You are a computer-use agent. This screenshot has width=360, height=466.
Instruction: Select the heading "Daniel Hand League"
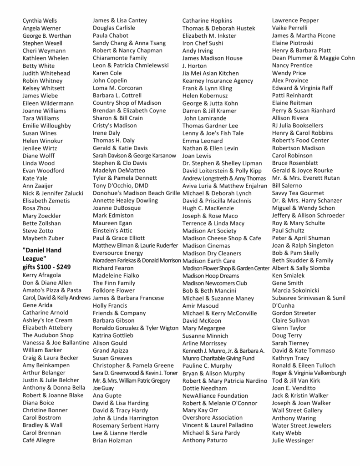[42, 254]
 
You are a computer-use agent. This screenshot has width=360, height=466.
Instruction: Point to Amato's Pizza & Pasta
[52, 290]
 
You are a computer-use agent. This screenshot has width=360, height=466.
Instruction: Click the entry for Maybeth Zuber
[43, 238]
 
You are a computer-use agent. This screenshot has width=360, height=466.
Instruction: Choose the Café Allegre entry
[39, 440]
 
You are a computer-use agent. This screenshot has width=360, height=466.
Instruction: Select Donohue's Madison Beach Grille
[136, 193]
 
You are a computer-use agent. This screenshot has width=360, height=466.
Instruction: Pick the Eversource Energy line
[118, 253]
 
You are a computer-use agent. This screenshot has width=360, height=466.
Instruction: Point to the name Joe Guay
[103, 388]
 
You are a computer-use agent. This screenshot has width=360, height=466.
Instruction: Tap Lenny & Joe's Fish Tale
[213, 133]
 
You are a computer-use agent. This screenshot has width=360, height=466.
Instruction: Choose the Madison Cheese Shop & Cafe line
[222, 238]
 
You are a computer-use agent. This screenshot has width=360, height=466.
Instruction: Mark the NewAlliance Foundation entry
[215, 395]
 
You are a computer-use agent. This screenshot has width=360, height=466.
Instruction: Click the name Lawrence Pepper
[295, 20]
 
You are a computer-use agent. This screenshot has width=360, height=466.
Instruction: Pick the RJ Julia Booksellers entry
[298, 126]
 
